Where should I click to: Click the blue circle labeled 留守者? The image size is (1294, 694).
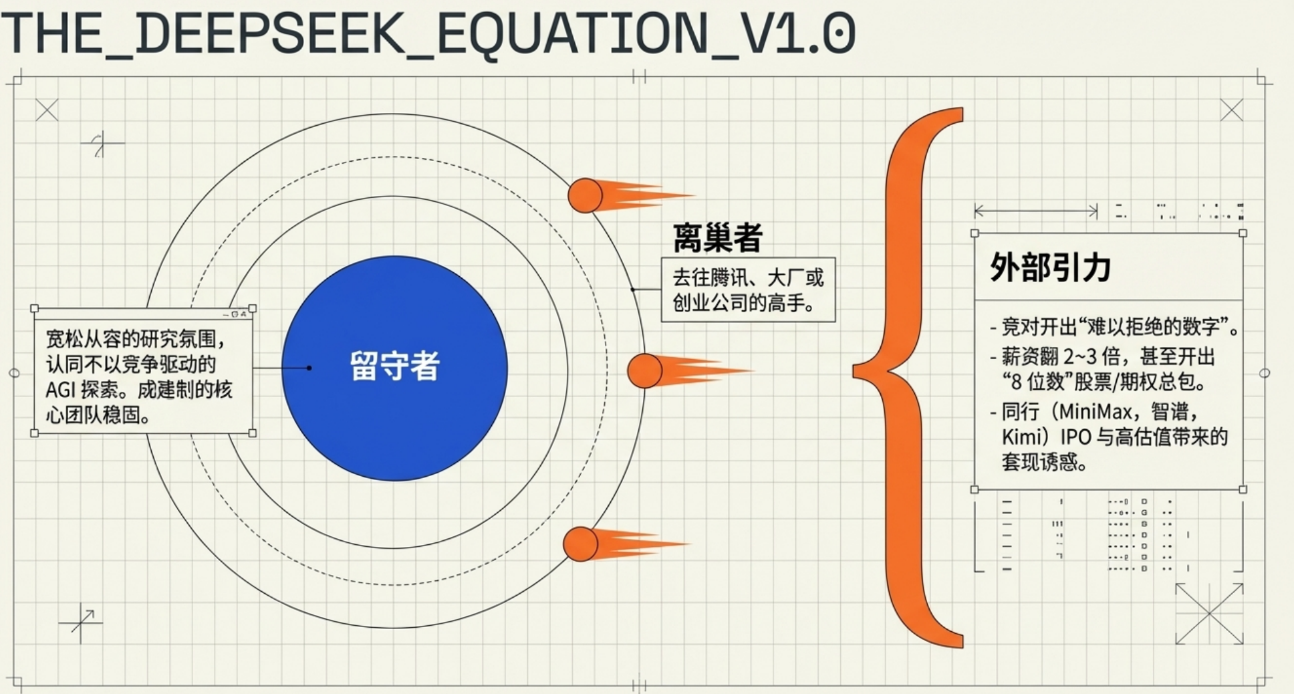(394, 368)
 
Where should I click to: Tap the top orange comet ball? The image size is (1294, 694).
(585, 195)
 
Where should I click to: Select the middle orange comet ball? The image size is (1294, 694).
(644, 370)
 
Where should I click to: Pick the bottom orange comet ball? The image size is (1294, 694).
(580, 544)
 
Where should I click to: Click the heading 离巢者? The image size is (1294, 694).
(717, 238)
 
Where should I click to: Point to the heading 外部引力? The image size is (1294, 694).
(1050, 267)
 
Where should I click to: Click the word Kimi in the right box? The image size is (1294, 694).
(1022, 437)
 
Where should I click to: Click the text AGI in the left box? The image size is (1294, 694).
(60, 390)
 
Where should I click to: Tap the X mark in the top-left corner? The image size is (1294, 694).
(47, 110)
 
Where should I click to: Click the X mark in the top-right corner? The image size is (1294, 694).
(1231, 110)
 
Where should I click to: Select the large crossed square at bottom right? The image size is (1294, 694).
(1209, 614)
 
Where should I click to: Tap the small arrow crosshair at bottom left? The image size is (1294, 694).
(82, 622)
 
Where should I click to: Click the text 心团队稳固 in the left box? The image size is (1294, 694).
(98, 415)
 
